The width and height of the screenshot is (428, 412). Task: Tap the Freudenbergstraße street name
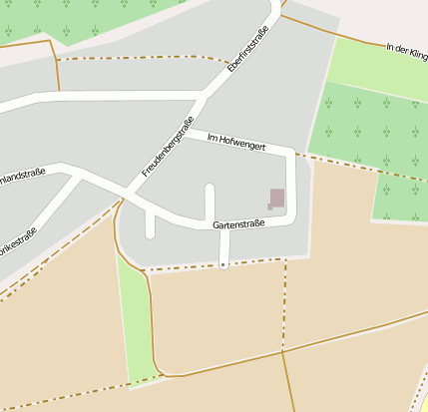point(167,147)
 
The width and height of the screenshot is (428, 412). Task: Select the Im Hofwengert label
point(236,144)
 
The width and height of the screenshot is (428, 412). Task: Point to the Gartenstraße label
point(238,224)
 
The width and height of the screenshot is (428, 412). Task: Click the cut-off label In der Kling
point(406,52)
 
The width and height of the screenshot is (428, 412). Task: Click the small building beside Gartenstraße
point(276,199)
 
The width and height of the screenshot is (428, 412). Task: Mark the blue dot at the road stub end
point(223,265)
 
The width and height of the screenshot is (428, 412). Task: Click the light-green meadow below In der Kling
point(374,65)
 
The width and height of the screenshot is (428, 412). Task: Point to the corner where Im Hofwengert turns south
point(290,153)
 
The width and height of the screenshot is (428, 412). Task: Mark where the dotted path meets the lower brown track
point(283,351)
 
